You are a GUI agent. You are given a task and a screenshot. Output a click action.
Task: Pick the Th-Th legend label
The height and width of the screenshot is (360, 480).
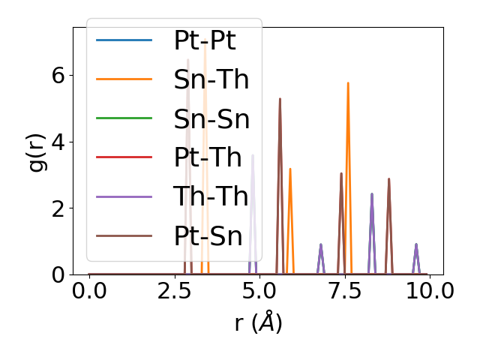coord(211,196)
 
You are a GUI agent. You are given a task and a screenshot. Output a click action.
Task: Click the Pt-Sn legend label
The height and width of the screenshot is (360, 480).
coord(208,236)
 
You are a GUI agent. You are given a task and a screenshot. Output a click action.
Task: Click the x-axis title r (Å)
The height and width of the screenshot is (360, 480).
coord(258,322)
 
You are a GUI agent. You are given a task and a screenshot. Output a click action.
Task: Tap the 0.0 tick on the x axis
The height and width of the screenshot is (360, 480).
coord(89,290)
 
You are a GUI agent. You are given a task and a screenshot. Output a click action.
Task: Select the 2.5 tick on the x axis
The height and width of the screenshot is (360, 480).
coord(174,290)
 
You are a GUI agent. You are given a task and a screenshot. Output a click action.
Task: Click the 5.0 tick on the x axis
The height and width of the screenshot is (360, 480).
coord(259,290)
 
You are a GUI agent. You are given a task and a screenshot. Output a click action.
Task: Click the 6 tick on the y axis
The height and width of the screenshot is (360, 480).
coord(58,76)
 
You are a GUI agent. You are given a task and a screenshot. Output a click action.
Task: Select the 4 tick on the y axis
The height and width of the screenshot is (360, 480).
coord(58,142)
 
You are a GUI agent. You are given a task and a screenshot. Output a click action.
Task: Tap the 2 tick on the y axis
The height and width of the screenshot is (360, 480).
coord(58,208)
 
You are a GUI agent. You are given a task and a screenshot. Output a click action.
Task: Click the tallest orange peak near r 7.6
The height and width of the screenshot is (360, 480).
coord(348,83)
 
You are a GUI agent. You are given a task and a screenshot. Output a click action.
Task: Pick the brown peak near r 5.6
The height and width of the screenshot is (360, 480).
coord(280,99)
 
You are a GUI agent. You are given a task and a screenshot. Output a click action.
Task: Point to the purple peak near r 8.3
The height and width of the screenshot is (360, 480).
coord(371,194)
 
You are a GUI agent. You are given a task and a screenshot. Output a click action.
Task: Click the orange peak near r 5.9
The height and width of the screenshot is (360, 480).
coord(290,169)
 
